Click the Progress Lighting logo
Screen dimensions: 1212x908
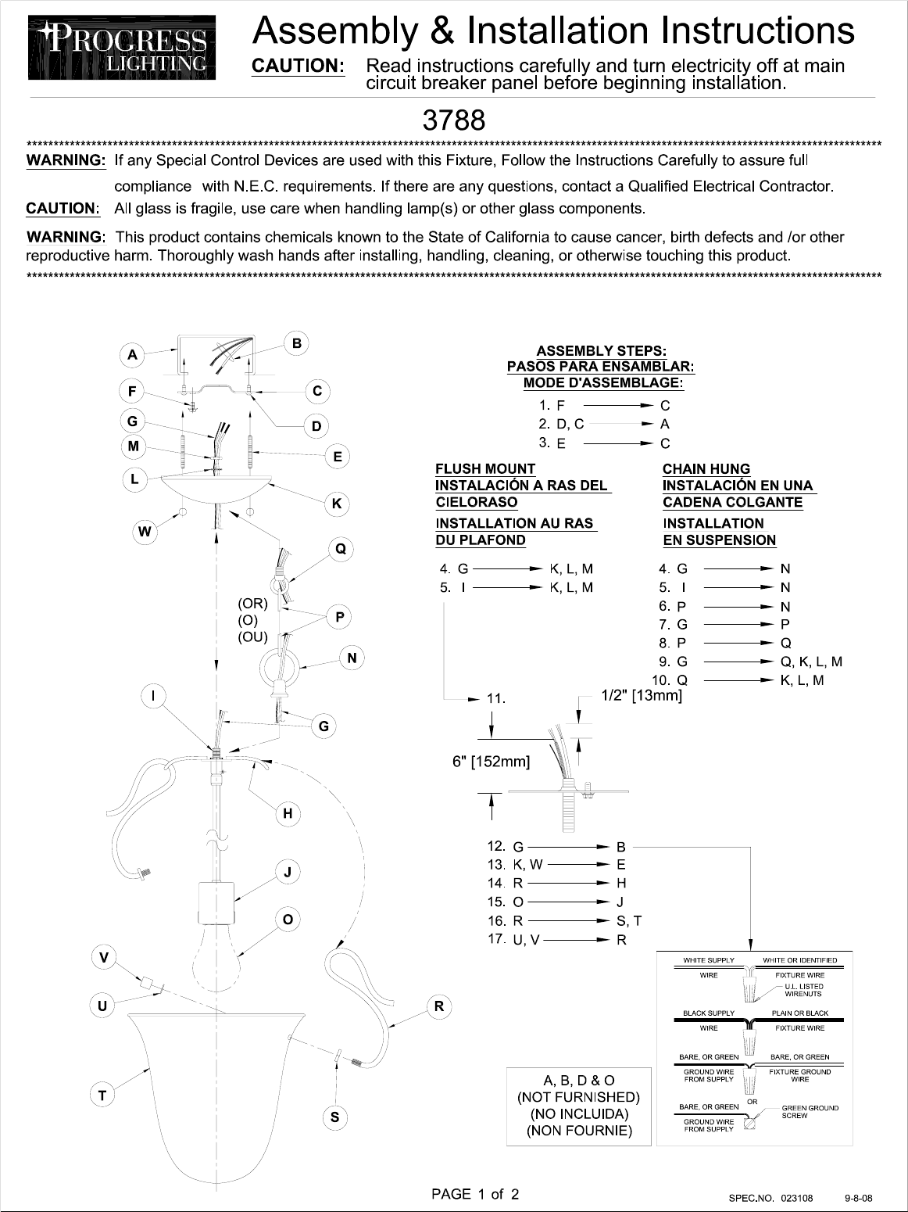point(121,50)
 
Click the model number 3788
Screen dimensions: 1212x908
point(454,120)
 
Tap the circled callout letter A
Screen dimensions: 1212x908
point(133,355)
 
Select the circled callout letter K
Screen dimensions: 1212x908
point(337,504)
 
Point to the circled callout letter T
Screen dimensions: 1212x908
point(102,1095)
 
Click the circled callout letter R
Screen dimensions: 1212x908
point(439,1006)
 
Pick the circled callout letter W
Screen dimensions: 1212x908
point(145,532)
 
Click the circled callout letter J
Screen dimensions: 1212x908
point(288,872)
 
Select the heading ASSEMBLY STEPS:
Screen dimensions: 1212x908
point(601,351)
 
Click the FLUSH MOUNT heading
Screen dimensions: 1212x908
point(485,468)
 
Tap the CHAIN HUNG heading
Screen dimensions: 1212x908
point(706,468)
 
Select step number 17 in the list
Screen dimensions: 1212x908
point(496,938)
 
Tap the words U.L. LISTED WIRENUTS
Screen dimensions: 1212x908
point(803,990)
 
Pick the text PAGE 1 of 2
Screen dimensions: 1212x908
point(475,1194)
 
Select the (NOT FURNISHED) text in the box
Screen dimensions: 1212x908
point(578,1097)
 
